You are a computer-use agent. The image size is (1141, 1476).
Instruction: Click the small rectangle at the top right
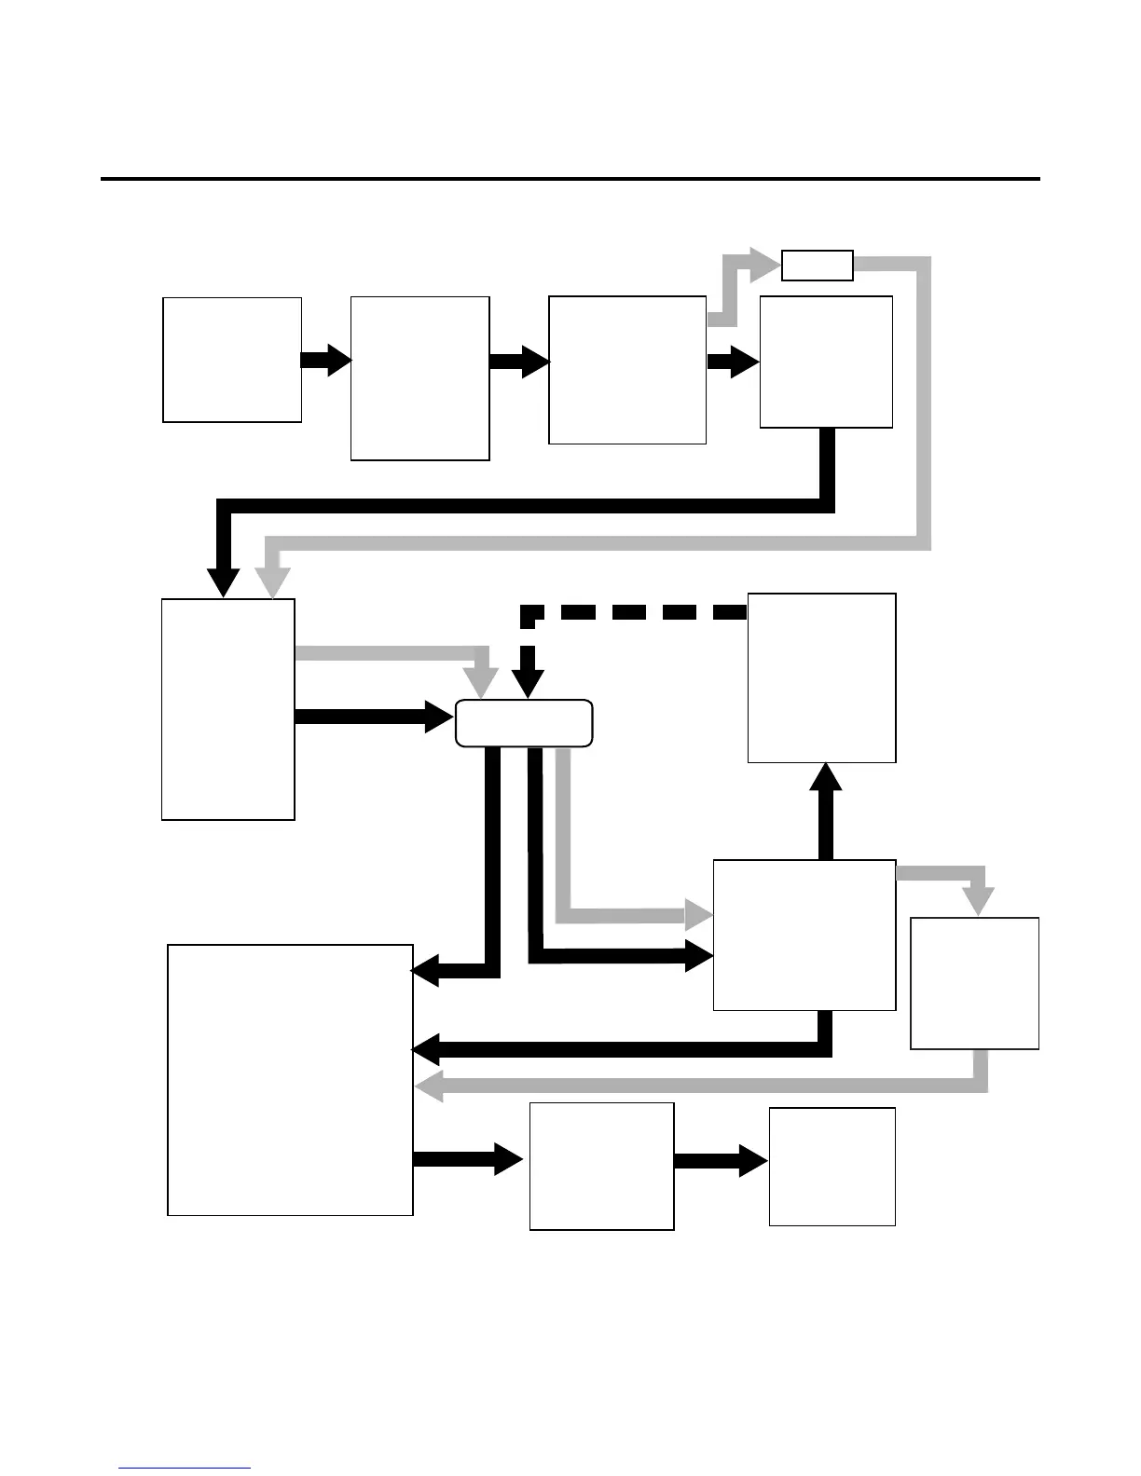coord(817,266)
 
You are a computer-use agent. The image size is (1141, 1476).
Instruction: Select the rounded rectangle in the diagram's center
coord(524,723)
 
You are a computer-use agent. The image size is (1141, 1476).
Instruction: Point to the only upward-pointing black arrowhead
coord(825,777)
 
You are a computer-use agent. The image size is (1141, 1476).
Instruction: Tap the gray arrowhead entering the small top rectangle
coord(765,265)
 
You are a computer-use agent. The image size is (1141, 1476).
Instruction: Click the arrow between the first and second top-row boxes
coord(326,360)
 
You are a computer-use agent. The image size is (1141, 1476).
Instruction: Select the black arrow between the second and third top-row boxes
coord(519,362)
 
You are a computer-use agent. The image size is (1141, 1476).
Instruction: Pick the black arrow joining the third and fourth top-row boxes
coord(733,362)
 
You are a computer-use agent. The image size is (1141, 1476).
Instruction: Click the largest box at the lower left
coord(290,1080)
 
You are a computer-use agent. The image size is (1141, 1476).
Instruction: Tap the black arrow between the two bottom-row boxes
coord(721,1161)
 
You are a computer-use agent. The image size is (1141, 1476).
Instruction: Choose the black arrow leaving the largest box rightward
coord(467,1159)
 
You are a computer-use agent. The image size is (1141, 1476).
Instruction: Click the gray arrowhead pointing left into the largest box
coord(429,1086)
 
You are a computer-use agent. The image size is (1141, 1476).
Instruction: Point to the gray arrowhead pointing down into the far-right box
coord(978,901)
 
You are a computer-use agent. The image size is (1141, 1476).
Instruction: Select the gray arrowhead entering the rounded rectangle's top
coord(482,685)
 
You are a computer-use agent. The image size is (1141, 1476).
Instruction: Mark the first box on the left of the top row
coord(232,360)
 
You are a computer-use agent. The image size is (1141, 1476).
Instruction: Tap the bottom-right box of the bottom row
coord(832,1166)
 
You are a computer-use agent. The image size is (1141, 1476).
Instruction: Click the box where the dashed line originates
coord(821,677)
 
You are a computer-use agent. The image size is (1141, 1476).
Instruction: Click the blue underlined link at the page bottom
coord(185,1468)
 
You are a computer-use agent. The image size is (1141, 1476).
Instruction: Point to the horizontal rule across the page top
coord(570,178)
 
